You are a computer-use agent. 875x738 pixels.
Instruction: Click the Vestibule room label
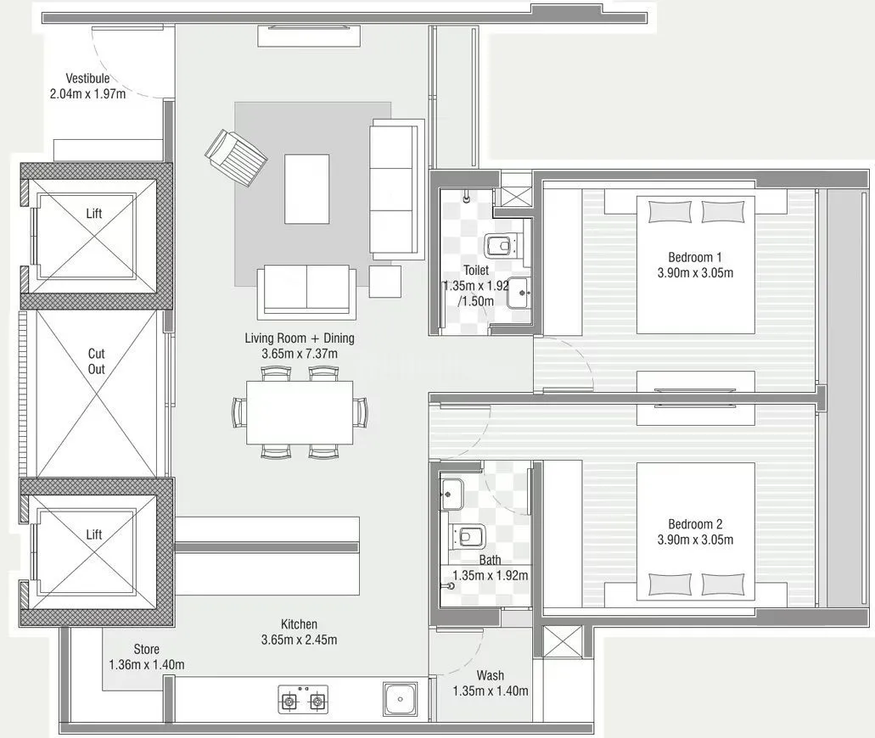pyautogui.click(x=87, y=79)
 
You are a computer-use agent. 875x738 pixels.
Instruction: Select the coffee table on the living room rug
pyautogui.click(x=306, y=188)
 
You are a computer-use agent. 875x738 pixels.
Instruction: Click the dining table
pyautogui.click(x=300, y=412)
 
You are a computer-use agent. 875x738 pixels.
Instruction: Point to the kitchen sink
pyautogui.click(x=400, y=699)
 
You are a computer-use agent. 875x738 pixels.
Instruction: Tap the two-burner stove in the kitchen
pyautogui.click(x=303, y=701)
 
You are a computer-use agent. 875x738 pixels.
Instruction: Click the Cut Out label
pyautogui.click(x=97, y=361)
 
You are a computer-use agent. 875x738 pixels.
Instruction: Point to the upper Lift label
pyautogui.click(x=94, y=214)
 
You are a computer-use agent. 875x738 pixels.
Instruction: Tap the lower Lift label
pyautogui.click(x=94, y=534)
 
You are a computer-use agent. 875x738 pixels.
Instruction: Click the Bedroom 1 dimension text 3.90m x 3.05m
pyautogui.click(x=695, y=273)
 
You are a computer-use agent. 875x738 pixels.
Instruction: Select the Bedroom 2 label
pyautogui.click(x=695, y=524)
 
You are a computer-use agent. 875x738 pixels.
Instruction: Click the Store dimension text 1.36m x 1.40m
pyautogui.click(x=147, y=664)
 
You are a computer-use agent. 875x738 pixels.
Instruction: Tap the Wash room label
pyautogui.click(x=490, y=676)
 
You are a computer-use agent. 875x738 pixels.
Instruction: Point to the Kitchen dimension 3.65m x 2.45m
pyautogui.click(x=300, y=640)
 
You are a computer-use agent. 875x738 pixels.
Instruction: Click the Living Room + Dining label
pyautogui.click(x=300, y=338)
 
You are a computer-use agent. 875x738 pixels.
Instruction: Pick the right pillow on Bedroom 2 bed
pyautogui.click(x=722, y=584)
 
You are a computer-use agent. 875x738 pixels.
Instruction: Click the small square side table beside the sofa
pyautogui.click(x=384, y=281)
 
